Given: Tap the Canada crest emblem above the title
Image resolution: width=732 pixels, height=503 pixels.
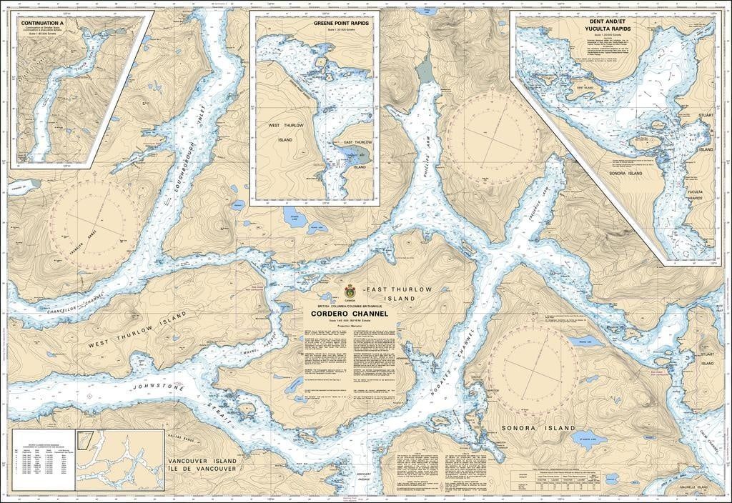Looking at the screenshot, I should tap(349, 292).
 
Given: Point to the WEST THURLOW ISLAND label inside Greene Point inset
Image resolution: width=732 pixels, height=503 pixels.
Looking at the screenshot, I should tap(285, 132).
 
